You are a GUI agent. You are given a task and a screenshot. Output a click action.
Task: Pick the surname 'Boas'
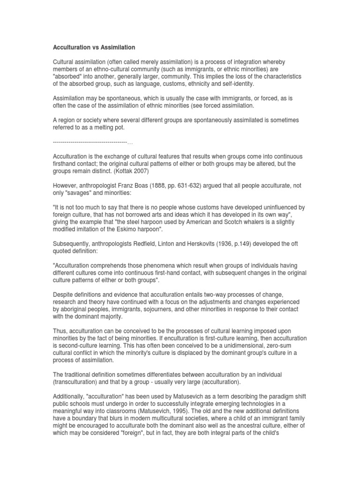pos(147,186)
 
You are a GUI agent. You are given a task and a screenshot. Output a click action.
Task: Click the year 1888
pos(168,186)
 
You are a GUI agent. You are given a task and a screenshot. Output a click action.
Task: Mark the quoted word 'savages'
pos(82,193)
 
